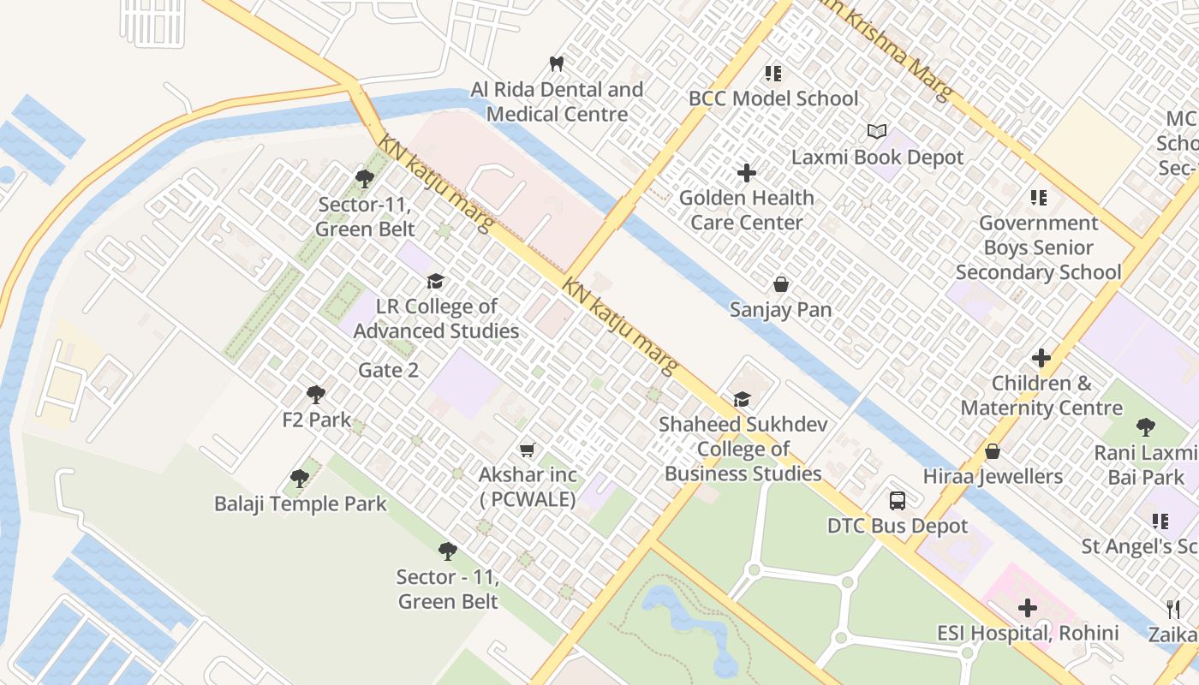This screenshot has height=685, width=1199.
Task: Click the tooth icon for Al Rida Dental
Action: point(556,63)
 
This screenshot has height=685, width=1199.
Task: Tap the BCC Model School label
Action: point(772,98)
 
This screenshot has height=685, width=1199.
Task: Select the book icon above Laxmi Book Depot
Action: point(876,132)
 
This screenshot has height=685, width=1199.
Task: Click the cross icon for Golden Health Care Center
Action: point(747,173)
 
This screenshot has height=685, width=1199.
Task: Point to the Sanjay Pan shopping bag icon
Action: point(780,284)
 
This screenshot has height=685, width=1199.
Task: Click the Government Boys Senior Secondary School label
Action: point(1038,247)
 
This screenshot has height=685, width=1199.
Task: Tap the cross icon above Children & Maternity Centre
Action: point(1041,358)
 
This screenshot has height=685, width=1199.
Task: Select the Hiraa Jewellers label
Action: point(993,476)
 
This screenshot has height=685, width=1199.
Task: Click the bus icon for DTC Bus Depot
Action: point(897,501)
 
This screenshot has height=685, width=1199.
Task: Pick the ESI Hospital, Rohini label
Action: point(1028,634)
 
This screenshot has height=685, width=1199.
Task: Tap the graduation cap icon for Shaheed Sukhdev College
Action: point(742,400)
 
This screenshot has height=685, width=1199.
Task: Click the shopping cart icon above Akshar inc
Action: point(528,450)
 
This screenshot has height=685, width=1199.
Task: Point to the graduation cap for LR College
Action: point(436,282)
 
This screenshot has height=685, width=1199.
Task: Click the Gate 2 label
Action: point(388,371)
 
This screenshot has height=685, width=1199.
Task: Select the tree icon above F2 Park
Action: point(316,395)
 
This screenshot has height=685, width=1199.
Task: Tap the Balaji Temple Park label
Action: point(300,504)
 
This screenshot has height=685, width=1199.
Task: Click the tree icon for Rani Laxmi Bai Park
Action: point(1145,427)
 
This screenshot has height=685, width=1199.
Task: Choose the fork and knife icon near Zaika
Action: point(1173,609)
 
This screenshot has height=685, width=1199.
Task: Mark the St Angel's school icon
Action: point(1160,521)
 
